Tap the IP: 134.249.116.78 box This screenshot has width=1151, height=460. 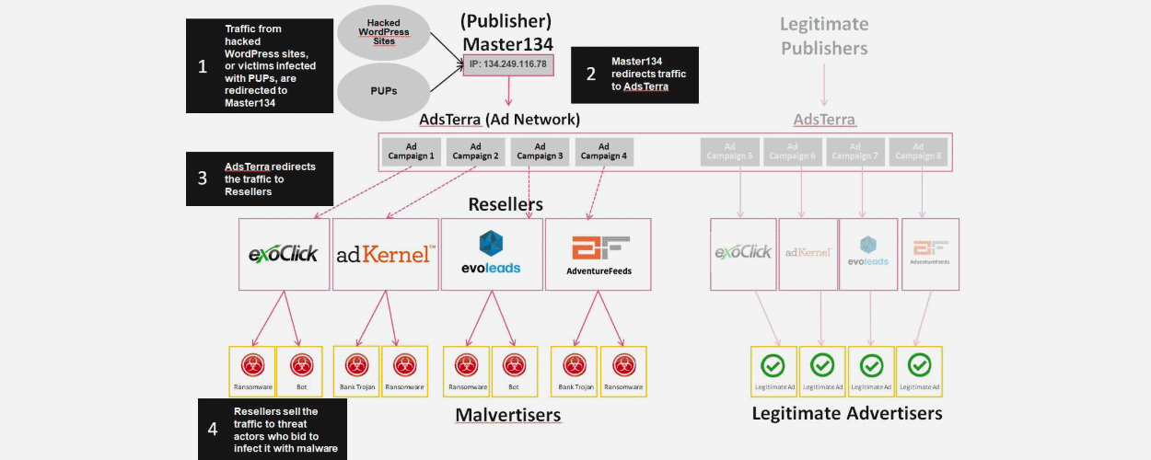click(x=508, y=64)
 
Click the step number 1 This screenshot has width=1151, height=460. click(x=203, y=65)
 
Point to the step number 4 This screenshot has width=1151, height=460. click(x=213, y=429)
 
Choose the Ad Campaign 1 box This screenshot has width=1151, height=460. click(x=411, y=151)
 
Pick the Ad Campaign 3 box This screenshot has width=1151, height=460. click(x=540, y=151)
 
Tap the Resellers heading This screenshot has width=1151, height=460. click(x=506, y=203)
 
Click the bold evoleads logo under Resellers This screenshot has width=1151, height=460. click(x=491, y=253)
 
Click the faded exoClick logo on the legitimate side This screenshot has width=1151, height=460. click(x=742, y=252)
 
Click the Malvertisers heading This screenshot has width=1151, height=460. click(x=507, y=415)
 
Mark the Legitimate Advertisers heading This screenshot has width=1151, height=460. click(x=847, y=413)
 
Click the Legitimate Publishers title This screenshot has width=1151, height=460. click(x=824, y=36)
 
